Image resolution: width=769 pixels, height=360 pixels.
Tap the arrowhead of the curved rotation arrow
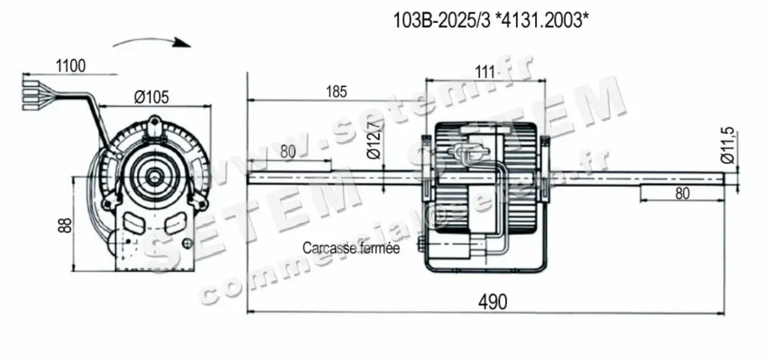(185, 45)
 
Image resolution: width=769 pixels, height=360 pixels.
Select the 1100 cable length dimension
(70, 66)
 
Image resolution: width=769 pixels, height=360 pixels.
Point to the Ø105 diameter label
(151, 97)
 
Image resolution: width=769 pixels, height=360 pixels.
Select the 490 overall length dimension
(491, 300)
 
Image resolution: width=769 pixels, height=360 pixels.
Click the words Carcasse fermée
(351, 249)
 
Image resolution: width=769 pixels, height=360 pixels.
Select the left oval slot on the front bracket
(133, 222)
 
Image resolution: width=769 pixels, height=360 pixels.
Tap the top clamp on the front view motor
(154, 125)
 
